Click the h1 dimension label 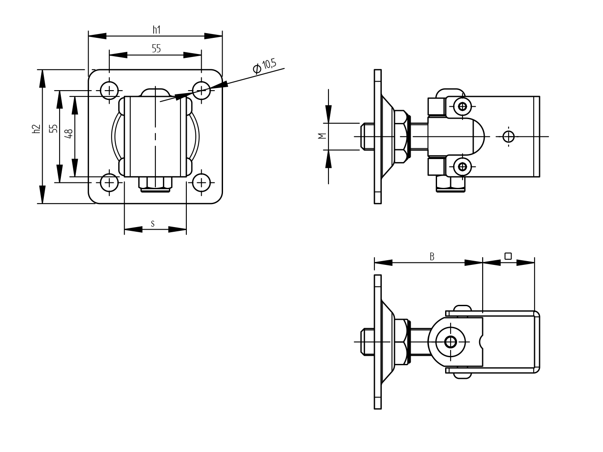point(156,29)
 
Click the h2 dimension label point(36,129)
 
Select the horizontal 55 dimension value point(156,48)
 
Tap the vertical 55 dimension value point(53,129)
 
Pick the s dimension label point(153,223)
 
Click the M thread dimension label point(322,136)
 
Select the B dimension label point(432,257)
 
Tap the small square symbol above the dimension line point(508,256)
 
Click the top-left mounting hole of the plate point(109,90)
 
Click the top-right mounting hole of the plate point(201,90)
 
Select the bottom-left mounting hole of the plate point(109,183)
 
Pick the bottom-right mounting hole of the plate point(201,183)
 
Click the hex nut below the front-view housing point(155,184)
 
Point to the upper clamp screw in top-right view point(463,106)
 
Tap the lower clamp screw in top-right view point(463,166)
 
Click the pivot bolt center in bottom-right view point(450,341)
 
